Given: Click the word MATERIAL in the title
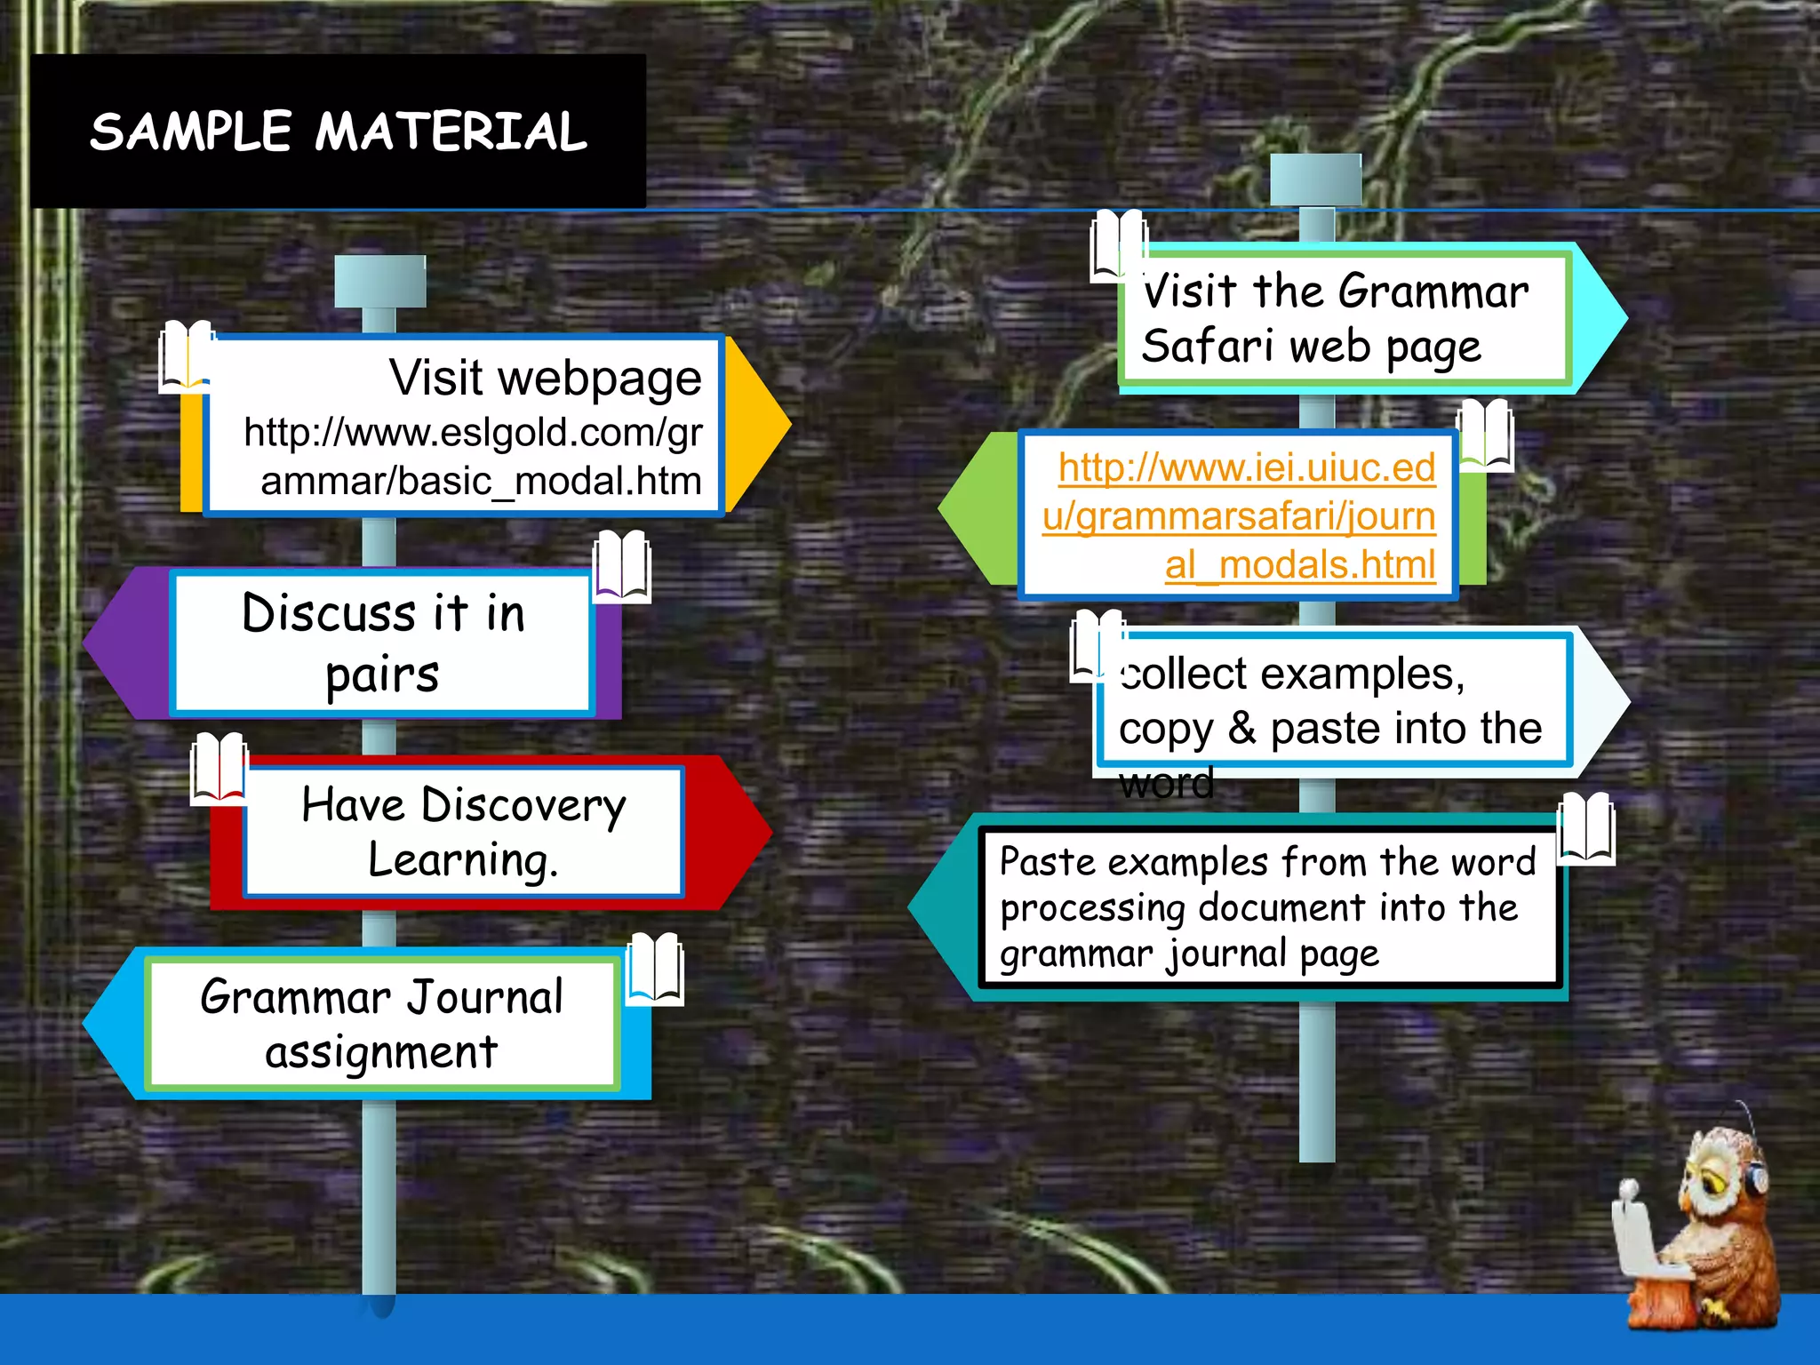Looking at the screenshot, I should [451, 132].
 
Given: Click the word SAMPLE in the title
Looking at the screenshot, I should [190, 132].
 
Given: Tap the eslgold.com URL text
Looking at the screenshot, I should [473, 457].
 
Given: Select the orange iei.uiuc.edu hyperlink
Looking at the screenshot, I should [1239, 515].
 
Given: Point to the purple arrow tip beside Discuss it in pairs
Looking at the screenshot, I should [116, 642].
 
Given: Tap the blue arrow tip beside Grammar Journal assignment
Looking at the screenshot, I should [111, 1023].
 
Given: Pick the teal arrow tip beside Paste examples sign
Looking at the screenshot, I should [937, 906].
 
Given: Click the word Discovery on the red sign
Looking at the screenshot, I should [523, 806].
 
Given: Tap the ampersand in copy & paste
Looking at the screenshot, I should [1241, 729].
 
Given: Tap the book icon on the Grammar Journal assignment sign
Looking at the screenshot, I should [655, 969].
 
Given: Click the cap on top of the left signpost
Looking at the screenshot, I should [379, 281].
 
